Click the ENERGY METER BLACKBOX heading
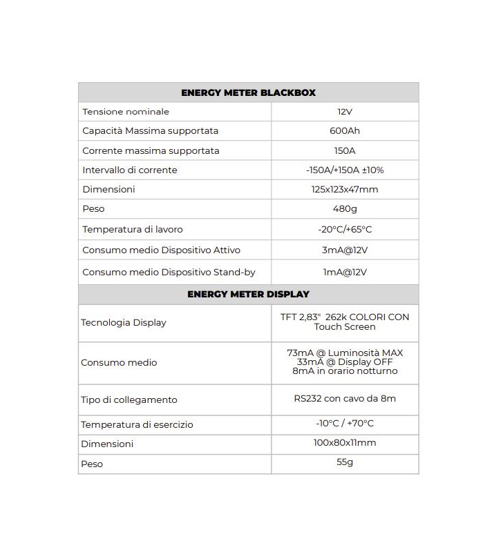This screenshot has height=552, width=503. tap(248, 92)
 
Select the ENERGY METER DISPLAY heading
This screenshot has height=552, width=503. tap(248, 294)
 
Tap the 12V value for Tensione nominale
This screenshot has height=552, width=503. tap(345, 112)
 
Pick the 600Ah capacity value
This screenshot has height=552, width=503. tap(345, 131)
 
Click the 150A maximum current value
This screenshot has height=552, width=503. tap(345, 150)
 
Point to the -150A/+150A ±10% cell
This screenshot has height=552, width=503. tap(345, 170)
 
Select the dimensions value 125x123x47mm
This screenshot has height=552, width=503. tap(345, 189)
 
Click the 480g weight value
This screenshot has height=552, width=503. tap(345, 209)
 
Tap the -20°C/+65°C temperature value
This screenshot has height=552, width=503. tap(345, 229)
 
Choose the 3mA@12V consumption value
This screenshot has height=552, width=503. tap(345, 250)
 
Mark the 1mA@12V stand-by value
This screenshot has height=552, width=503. tap(345, 272)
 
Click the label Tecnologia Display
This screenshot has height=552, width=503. tap(124, 322)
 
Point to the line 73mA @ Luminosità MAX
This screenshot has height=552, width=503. tap(345, 353)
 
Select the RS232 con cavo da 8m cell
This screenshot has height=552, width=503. tap(345, 399)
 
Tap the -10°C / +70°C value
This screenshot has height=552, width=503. tap(345, 424)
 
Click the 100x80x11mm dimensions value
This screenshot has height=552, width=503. tap(345, 443)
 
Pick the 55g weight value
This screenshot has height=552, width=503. tap(345, 462)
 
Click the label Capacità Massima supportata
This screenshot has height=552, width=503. tap(150, 131)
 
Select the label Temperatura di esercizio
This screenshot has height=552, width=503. tap(137, 424)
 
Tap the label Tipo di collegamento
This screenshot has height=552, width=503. tap(129, 400)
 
